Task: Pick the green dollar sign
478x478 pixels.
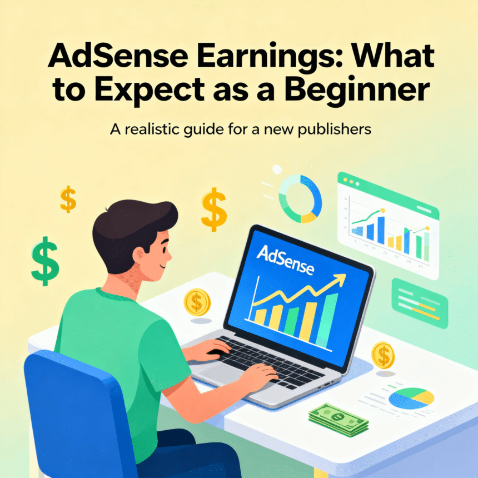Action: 45,261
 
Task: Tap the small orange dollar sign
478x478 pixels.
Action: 68,200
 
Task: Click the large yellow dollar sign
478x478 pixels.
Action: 214,210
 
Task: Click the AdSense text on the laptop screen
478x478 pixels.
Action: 285,261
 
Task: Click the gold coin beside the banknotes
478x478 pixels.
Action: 383,353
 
